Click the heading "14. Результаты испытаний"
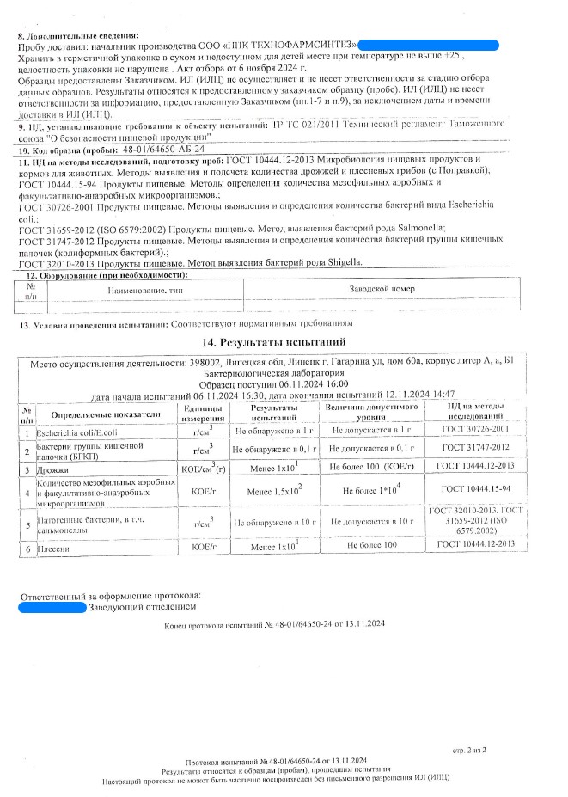coord(284,343)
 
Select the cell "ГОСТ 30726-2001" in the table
coord(474,428)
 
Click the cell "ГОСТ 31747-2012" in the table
coord(474,449)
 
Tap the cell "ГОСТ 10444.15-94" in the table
coord(474,489)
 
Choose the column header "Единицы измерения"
coord(203,411)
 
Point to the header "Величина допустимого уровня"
coord(372,411)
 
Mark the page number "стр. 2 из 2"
coord(469,750)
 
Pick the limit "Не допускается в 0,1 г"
coord(372,449)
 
